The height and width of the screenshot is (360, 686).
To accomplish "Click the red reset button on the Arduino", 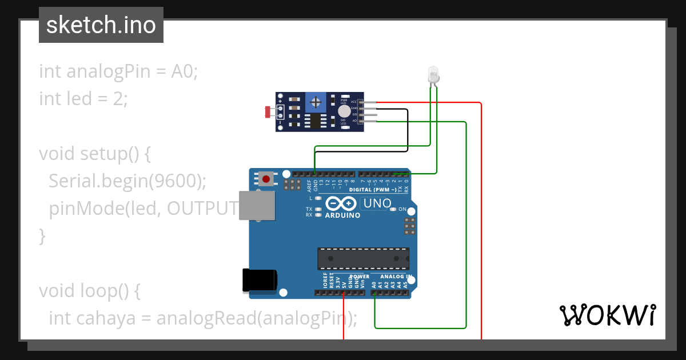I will (266, 179).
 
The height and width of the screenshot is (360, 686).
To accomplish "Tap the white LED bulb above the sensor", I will (433, 74).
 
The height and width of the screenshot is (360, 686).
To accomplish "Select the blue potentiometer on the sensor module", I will (314, 102).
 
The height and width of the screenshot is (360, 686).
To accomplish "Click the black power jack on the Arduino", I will (259, 280).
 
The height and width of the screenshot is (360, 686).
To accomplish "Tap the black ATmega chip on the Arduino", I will (364, 258).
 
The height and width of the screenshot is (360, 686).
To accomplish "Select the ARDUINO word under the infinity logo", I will (342, 215).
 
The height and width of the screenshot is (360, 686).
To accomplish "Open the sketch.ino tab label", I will (101, 25).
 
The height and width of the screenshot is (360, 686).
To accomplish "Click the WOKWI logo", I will (607, 315).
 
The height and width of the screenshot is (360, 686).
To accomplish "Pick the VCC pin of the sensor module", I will (369, 102).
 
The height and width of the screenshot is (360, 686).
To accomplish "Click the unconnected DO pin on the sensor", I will (369, 114).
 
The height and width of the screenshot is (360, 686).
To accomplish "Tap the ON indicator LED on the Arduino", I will (393, 209).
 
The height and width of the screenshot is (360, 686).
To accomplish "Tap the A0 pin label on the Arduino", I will (374, 284).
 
